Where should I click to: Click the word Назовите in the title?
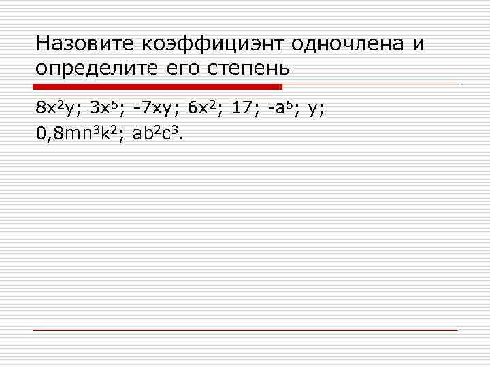tap(86, 44)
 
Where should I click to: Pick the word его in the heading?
tap(186, 69)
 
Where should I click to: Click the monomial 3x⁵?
tap(106, 107)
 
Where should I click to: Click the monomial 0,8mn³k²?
tap(80, 133)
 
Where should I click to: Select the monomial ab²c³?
tap(157, 133)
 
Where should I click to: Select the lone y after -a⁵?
tap(312, 109)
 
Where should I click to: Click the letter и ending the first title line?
tap(418, 44)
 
